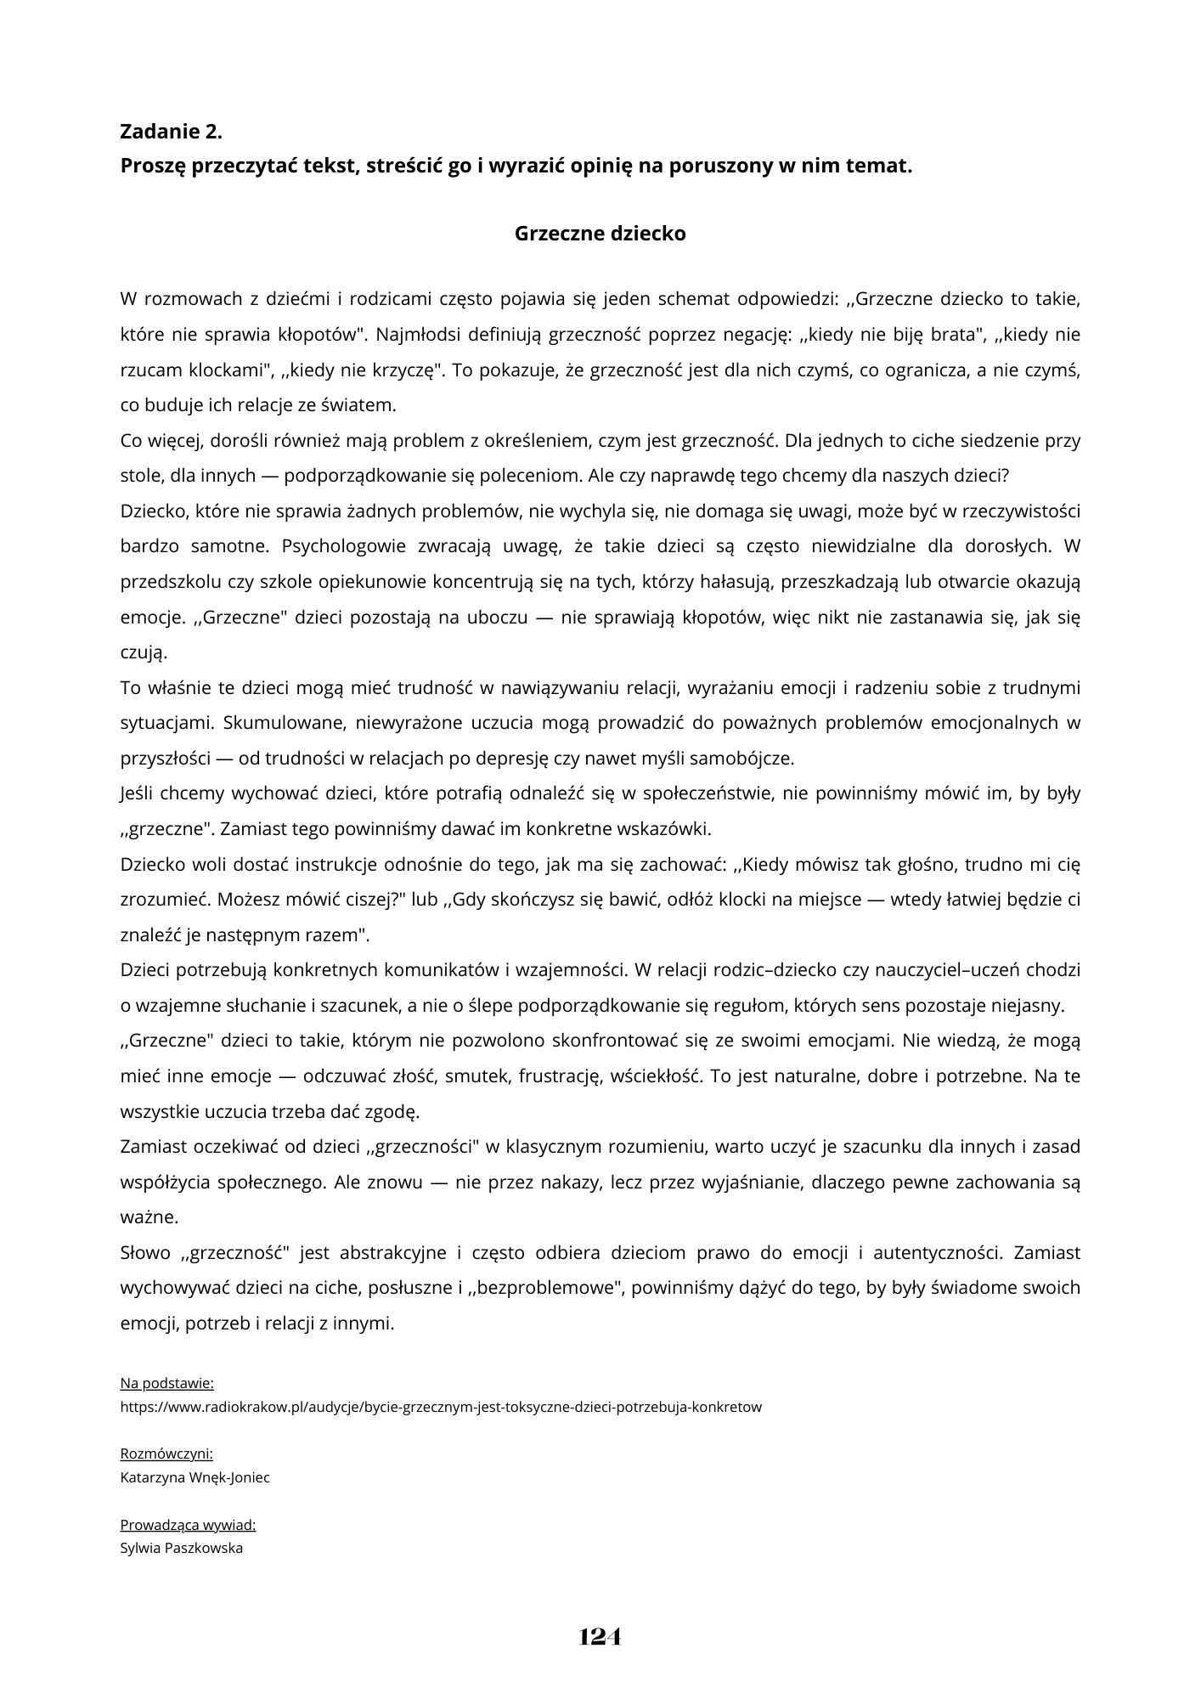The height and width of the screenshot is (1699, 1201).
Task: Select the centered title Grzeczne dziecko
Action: pyautogui.click(x=600, y=234)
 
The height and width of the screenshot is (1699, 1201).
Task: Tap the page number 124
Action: pyautogui.click(x=600, y=1636)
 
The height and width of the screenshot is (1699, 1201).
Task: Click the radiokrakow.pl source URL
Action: pyautogui.click(x=441, y=1406)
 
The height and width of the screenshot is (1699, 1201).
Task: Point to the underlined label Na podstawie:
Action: pyautogui.click(x=166, y=1383)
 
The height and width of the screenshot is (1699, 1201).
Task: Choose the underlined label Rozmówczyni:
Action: pyautogui.click(x=166, y=1453)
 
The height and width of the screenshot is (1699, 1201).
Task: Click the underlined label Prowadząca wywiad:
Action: pyautogui.click(x=188, y=1524)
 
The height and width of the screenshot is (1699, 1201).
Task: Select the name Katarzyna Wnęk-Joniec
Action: pyautogui.click(x=195, y=1477)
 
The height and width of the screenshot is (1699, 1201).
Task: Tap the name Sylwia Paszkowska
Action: pyautogui.click(x=182, y=1548)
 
